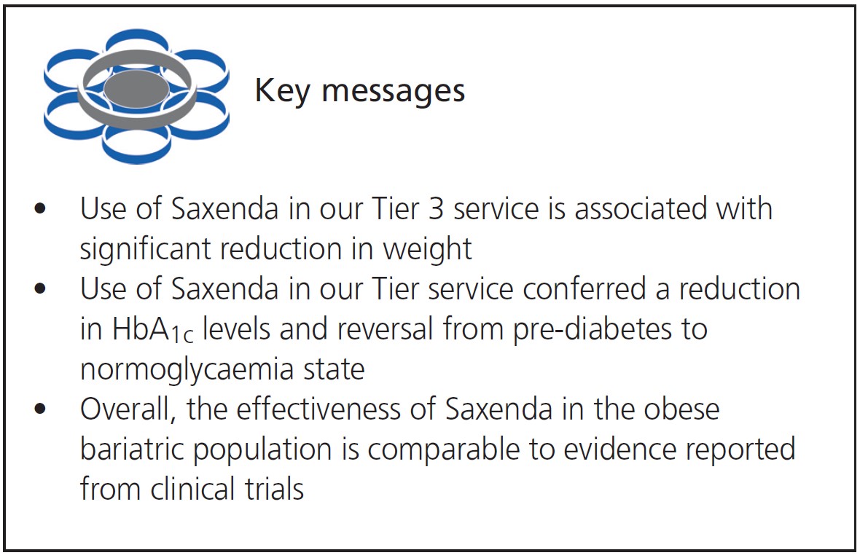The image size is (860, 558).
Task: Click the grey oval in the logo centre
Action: pyautogui.click(x=136, y=89)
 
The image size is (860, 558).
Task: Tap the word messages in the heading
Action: pyautogui.click(x=393, y=92)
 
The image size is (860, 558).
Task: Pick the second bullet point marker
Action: pyautogui.click(x=41, y=290)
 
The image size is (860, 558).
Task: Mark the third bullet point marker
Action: pyautogui.click(x=41, y=409)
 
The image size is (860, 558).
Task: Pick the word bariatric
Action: pyautogui.click(x=133, y=449)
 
